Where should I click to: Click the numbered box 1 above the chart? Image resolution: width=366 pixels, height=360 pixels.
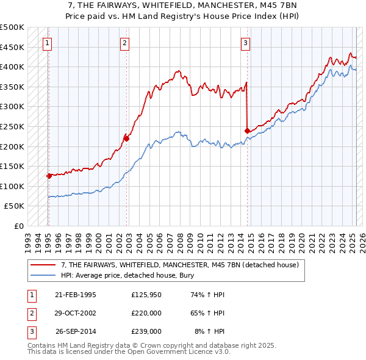pyautogui.click(x=48, y=43)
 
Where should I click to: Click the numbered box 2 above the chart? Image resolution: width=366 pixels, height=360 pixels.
pyautogui.click(x=124, y=43)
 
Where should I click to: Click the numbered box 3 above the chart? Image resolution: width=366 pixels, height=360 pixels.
pyautogui.click(x=245, y=43)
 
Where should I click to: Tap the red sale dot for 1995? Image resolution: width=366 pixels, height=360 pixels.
pyautogui.click(x=48, y=176)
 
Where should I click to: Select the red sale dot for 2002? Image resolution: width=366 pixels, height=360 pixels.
pyautogui.click(x=126, y=139)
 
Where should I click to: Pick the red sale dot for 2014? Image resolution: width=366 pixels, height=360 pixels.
pyautogui.click(x=247, y=131)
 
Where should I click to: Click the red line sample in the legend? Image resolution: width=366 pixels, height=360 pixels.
pyautogui.click(x=43, y=265)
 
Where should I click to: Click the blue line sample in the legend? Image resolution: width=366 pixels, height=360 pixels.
pyautogui.click(x=43, y=275)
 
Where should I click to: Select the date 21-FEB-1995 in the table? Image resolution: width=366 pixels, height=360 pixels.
pyautogui.click(x=75, y=295)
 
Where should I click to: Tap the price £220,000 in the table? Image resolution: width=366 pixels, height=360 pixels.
pyautogui.click(x=146, y=313)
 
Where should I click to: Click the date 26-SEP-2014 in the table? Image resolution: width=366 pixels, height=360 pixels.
pyautogui.click(x=75, y=331)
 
